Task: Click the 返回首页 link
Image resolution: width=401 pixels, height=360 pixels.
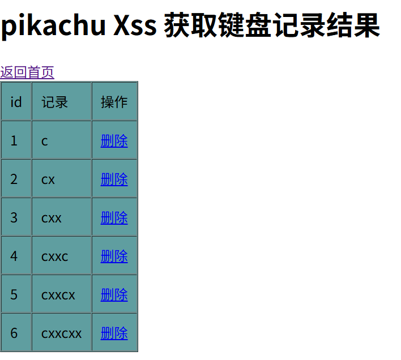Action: (x=27, y=72)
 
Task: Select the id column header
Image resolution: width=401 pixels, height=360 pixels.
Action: (x=16, y=102)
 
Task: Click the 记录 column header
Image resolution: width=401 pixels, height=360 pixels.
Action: (x=55, y=102)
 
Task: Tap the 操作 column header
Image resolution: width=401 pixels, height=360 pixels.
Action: (x=114, y=102)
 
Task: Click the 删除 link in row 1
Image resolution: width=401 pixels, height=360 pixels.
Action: (x=114, y=141)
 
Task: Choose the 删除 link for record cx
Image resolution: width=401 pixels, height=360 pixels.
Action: (x=114, y=179)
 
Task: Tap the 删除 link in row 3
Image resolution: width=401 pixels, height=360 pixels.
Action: (x=114, y=218)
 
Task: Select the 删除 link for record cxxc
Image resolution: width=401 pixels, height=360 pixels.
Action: (x=114, y=256)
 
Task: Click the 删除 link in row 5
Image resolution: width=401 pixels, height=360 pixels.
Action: (x=114, y=295)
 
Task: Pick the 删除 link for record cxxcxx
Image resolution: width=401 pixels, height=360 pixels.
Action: (x=114, y=333)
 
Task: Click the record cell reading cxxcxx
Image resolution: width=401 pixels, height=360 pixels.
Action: (x=61, y=333)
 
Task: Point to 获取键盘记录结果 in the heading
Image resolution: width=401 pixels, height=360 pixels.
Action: (x=272, y=26)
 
